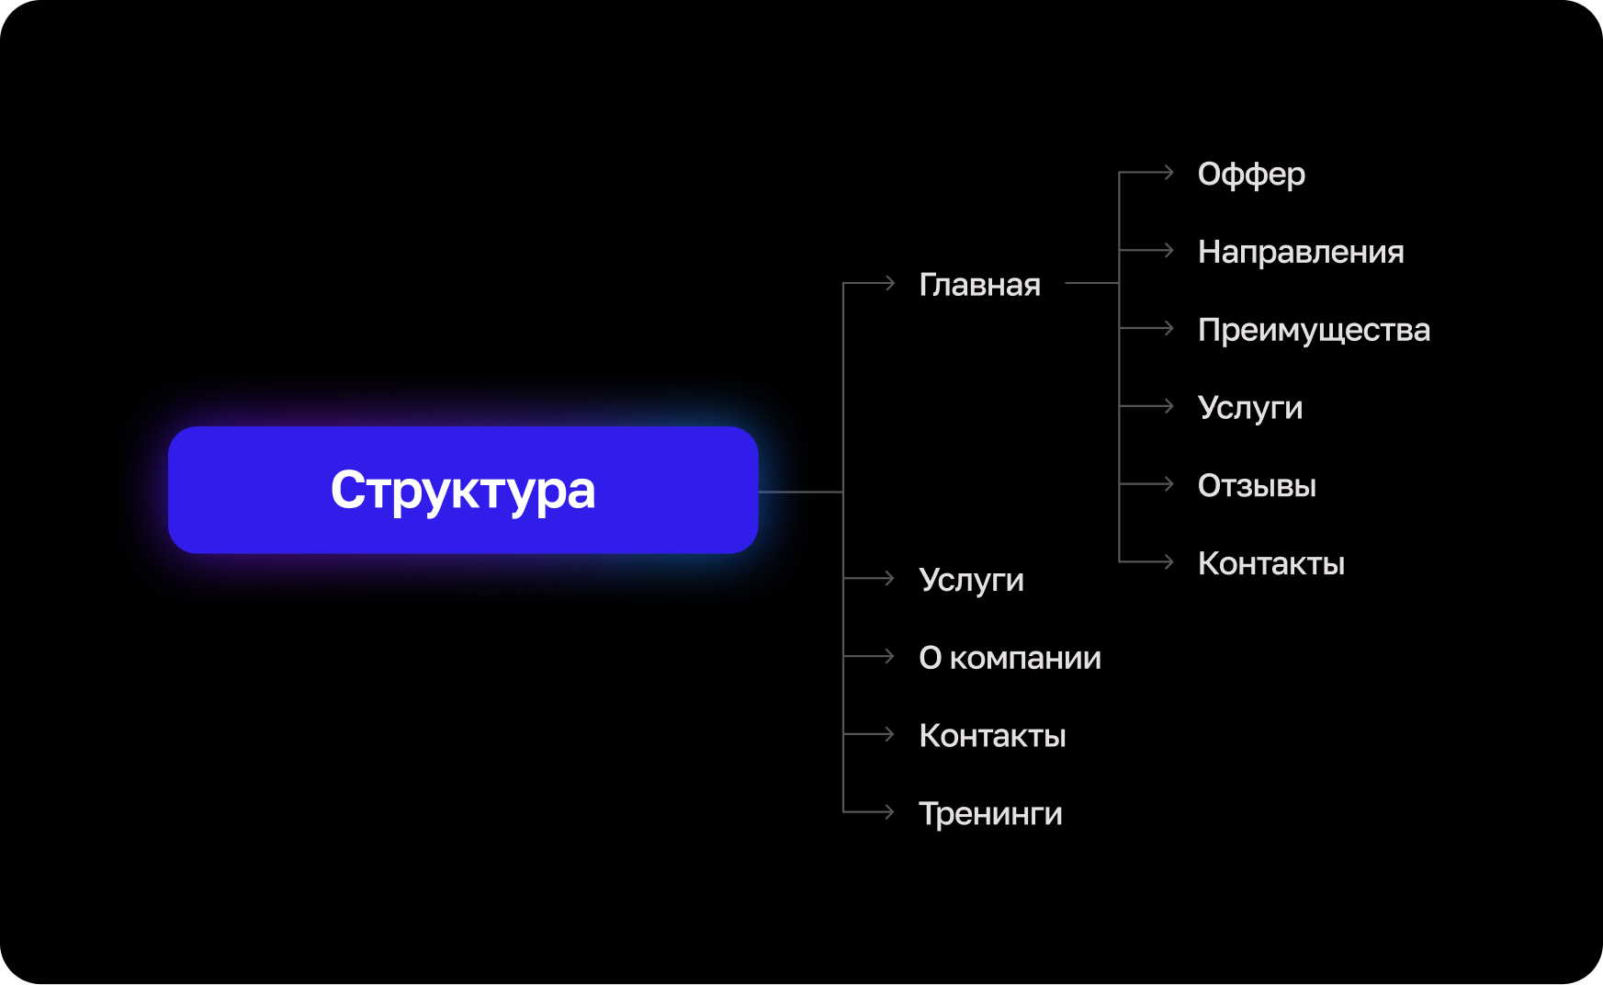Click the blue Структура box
(463, 490)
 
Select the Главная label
(979, 285)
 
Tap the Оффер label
(1251, 174)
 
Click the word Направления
(1301, 252)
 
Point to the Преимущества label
(1314, 330)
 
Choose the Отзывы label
(1257, 485)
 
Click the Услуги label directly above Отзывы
(1250, 408)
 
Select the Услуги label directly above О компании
(971, 580)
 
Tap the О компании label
(1010, 658)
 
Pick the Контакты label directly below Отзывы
(1271, 563)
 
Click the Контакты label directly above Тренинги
(992, 736)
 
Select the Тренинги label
(990, 814)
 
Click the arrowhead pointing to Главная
(889, 283)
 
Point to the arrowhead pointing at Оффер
(1168, 172)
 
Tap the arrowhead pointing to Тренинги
(889, 811)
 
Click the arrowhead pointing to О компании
(889, 656)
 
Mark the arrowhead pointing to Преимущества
(1168, 328)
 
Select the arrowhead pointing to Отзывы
(1168, 483)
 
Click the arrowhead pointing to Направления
(1168, 250)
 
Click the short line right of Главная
(1091, 283)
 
